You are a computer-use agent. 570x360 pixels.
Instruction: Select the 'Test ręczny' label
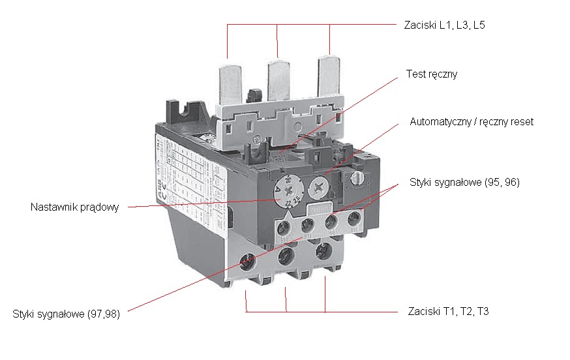(431, 74)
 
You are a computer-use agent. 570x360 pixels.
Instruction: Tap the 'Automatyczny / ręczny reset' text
(471, 122)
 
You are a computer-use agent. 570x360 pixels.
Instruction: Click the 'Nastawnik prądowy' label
(74, 207)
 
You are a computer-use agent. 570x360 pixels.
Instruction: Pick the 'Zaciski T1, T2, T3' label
(447, 312)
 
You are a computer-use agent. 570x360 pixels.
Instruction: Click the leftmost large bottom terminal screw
(248, 261)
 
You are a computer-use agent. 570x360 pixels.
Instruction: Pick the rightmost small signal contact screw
(355, 217)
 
